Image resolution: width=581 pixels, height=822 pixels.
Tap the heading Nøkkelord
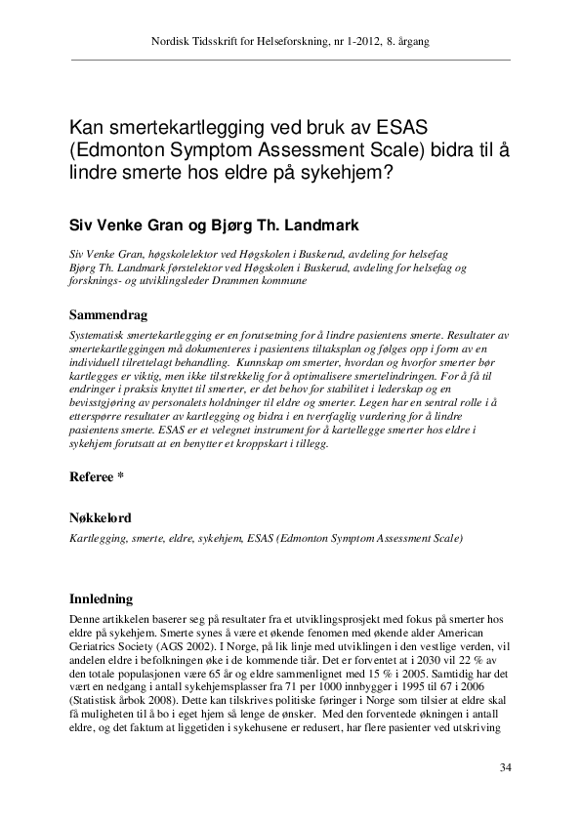pyautogui.click(x=101, y=517)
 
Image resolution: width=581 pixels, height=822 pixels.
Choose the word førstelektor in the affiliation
pyautogui.click(x=181, y=267)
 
